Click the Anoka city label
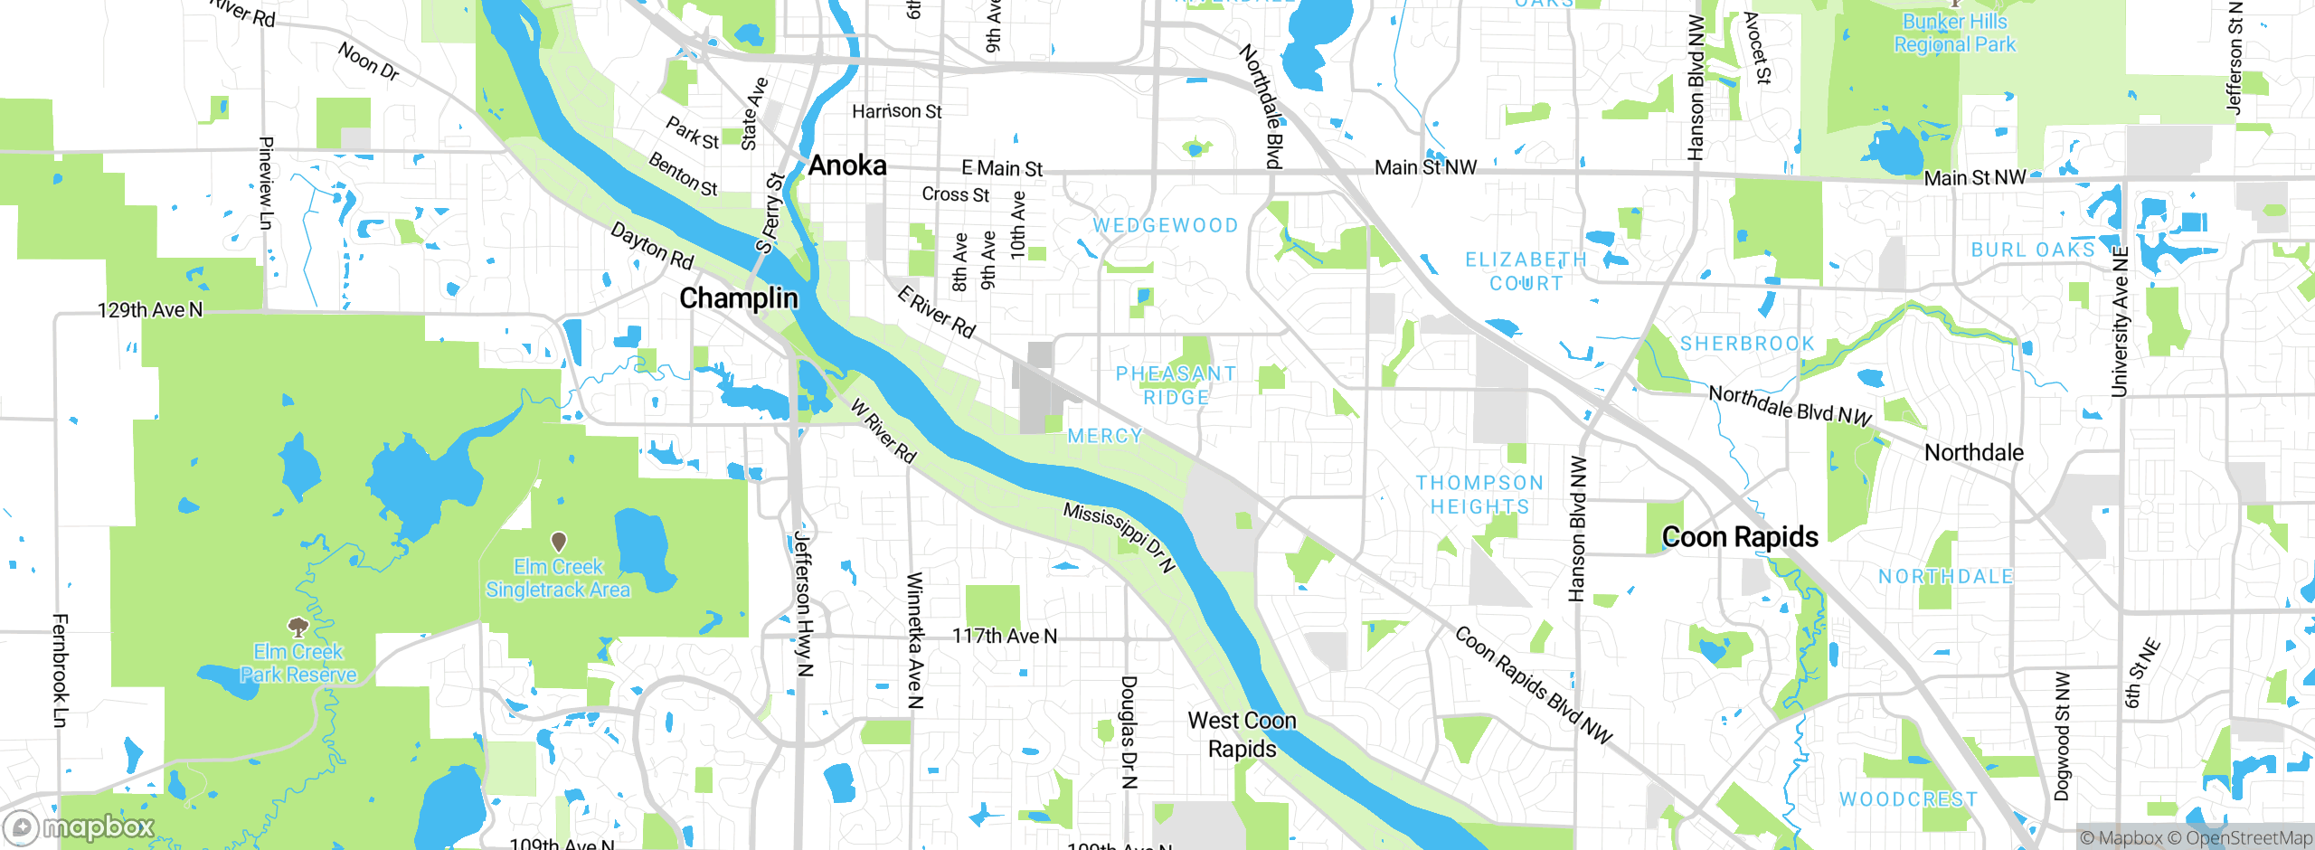tap(846, 165)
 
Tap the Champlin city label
tap(738, 298)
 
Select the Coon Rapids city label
tap(1740, 537)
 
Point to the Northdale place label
tap(1973, 452)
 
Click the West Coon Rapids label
tap(1242, 734)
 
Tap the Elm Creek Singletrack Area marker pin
tap(559, 542)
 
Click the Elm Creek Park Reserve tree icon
tap(298, 627)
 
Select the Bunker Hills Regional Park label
tap(1954, 33)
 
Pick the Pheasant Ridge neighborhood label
tap(1176, 385)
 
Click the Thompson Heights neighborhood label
tap(1479, 495)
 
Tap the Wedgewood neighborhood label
tap(1166, 225)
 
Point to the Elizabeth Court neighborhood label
tap(1526, 271)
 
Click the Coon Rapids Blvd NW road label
tap(1534, 685)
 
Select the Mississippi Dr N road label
tap(1119, 537)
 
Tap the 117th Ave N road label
tap(1004, 637)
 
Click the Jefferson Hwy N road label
tap(803, 603)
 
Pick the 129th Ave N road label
tap(150, 310)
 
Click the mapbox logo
tap(80, 827)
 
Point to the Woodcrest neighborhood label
tap(1908, 799)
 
